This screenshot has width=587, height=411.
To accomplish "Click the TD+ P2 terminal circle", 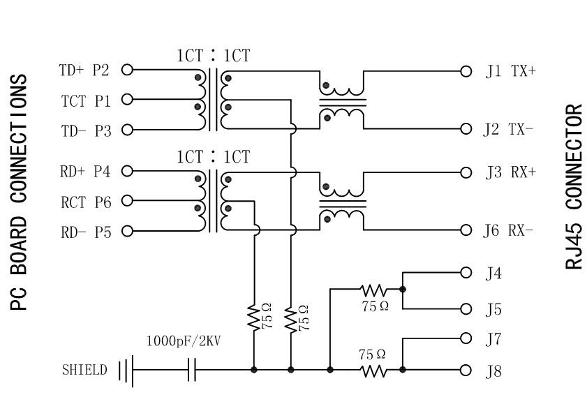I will point(127,69).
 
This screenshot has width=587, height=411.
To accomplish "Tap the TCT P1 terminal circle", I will point(127,99).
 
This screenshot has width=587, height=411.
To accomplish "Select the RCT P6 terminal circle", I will point(127,202).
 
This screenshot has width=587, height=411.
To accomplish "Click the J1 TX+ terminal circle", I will point(466,70).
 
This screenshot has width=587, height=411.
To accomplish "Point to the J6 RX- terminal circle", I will point(466,230).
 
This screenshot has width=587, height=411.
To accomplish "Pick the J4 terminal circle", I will point(466,273).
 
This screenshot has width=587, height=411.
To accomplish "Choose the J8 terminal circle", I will point(466,370).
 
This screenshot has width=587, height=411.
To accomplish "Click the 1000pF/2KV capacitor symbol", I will point(192,370).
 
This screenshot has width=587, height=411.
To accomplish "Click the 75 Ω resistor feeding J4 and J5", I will point(372,288).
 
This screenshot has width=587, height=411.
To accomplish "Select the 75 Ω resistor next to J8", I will point(372,370).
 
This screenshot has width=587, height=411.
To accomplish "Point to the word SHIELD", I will point(84,370).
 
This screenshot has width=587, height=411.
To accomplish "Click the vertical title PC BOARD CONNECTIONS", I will point(20,192).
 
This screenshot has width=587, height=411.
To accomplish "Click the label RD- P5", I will point(86,232).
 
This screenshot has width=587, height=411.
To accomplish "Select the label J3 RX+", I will point(510,172).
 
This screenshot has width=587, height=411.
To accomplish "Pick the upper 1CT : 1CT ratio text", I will point(213,56).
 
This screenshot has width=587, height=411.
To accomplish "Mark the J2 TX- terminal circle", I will point(466,129).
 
